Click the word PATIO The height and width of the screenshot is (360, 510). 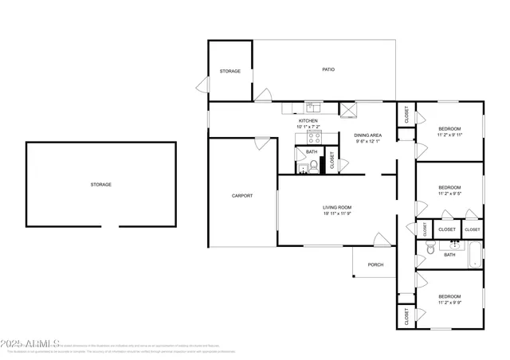point(328,70)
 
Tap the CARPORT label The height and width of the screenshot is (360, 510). point(242,195)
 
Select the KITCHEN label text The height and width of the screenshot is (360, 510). point(308,121)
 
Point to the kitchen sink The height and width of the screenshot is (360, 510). point(313,104)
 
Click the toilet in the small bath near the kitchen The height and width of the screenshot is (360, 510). point(314,166)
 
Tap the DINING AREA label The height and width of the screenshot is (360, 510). point(368,135)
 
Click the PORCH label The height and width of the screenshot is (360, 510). point(375,264)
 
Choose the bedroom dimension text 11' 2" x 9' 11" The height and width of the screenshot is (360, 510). point(450,135)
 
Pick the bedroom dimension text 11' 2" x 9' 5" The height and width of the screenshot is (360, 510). point(450,194)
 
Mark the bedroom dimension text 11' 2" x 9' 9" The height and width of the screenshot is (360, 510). point(450,303)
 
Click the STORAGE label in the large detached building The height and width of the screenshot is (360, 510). point(100,184)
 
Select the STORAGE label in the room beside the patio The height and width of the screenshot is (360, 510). point(230,71)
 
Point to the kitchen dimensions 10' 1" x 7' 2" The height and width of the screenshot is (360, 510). point(308,127)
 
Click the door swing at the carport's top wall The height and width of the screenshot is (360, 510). point(261,143)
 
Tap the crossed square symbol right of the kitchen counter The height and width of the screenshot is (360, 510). point(347,109)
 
